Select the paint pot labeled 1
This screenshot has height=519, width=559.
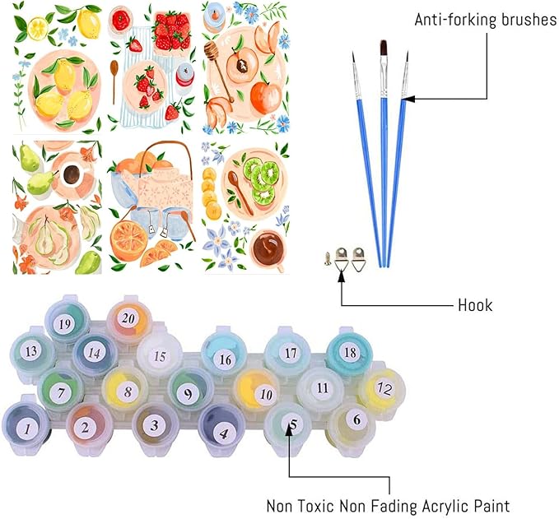tap(26, 428)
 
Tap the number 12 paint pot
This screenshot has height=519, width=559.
tap(383, 389)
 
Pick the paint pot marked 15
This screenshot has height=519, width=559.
tap(159, 355)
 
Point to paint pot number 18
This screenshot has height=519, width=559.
tap(349, 352)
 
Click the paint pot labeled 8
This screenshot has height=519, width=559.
tap(127, 391)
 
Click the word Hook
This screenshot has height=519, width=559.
tap(475, 305)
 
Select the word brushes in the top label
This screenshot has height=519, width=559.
tap(529, 20)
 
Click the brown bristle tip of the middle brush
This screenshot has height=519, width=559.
tap(384, 47)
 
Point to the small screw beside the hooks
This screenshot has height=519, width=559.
tap(328, 258)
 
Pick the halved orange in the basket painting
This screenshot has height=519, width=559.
tap(128, 237)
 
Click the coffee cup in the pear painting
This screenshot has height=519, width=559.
tap(72, 174)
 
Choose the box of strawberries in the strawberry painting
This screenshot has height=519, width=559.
tap(172, 31)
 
